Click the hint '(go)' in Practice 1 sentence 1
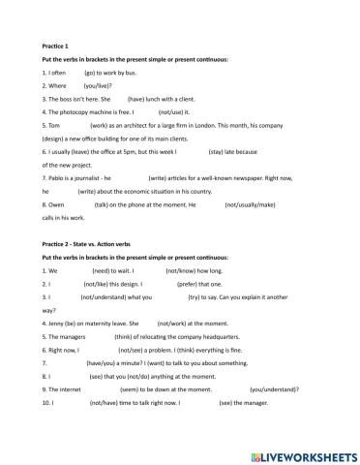tap(94, 72)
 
